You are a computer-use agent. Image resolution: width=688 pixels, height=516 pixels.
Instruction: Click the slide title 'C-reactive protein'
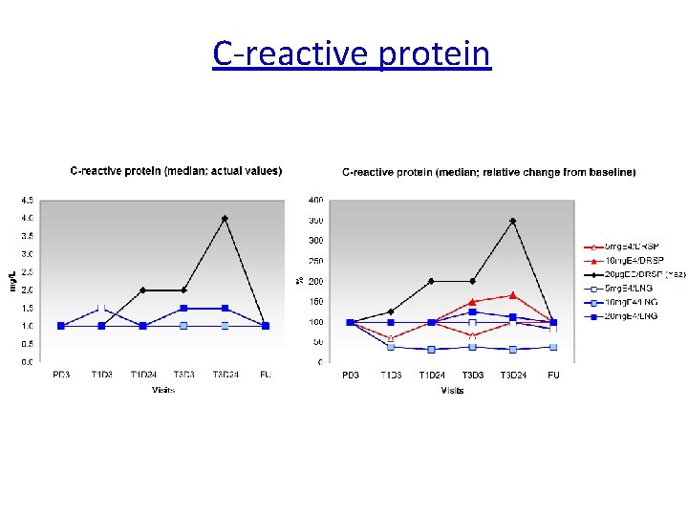click(352, 54)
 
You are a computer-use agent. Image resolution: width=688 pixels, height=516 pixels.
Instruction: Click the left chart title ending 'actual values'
click(176, 171)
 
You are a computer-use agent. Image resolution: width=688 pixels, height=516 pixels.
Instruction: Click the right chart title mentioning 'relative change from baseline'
click(488, 172)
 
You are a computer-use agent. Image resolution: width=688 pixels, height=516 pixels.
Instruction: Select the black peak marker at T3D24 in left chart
click(225, 219)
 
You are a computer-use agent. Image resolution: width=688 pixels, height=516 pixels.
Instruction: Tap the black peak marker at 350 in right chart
click(513, 221)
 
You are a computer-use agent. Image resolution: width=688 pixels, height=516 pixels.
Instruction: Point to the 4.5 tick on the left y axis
click(30, 201)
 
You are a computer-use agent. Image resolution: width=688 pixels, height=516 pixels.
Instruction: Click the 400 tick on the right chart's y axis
click(315, 200)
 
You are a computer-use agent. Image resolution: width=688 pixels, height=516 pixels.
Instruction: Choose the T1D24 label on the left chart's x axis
click(142, 375)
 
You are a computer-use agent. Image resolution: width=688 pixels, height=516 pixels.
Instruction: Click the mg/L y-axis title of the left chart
click(13, 281)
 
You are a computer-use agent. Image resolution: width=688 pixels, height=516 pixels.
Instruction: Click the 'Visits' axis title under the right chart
click(452, 390)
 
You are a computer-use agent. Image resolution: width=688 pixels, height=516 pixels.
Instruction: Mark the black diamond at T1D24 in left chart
click(142, 290)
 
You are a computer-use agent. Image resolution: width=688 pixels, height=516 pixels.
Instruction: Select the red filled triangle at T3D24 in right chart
click(513, 295)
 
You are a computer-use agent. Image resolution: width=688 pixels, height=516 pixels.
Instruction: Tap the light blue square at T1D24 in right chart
click(431, 350)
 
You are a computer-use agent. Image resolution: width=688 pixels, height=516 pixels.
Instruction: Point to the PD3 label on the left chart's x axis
click(61, 375)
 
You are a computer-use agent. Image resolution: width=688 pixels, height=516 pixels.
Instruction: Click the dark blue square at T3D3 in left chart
click(183, 309)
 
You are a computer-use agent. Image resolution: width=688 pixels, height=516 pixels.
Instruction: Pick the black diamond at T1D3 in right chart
click(391, 312)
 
